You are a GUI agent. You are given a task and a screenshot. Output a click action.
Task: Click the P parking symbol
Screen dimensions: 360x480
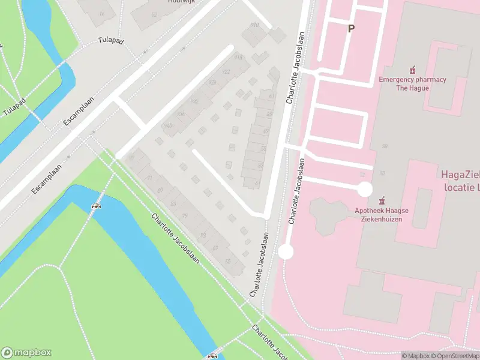coord(350,28)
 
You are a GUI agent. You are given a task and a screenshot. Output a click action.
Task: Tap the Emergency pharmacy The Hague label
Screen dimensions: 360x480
coord(412,83)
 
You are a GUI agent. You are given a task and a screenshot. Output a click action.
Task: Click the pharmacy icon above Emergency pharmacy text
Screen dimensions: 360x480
coord(412,70)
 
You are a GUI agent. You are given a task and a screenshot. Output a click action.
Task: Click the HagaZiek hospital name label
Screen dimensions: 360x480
coord(460,180)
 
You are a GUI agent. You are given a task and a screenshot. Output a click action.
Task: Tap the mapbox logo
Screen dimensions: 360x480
coord(26,353)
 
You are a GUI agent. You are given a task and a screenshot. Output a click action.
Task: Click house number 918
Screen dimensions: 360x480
coord(238,57)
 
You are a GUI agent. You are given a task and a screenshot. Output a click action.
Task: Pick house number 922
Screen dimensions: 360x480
coord(226,72)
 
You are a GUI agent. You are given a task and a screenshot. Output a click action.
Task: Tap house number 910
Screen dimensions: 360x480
coord(254,25)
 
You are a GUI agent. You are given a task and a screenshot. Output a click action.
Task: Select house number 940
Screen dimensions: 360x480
coord(168,126)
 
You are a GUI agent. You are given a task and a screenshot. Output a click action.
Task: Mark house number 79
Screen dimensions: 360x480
coord(185,217)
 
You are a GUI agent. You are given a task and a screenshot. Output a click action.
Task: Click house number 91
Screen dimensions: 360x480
coord(150,178)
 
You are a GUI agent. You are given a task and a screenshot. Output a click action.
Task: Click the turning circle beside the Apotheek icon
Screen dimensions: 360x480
coord(364,190)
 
